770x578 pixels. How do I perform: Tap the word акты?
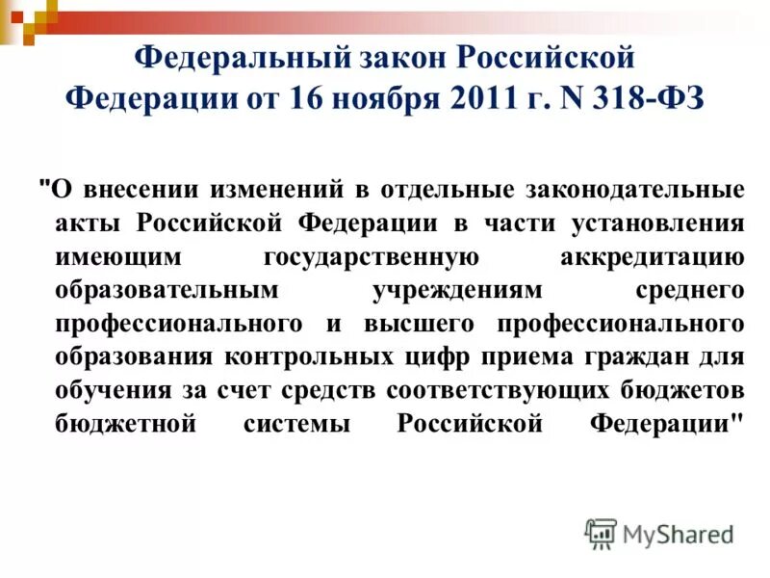tap(88, 223)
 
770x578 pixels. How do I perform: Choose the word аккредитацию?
tap(651, 257)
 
